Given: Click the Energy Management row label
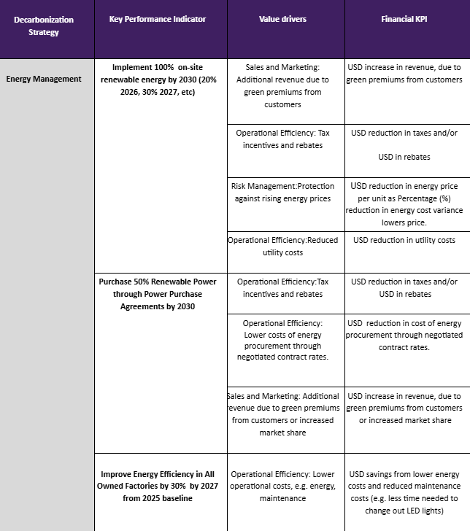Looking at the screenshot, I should [x=44, y=79].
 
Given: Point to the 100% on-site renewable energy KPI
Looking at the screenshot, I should [x=158, y=80].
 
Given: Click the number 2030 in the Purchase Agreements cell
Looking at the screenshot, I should [x=183, y=307].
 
